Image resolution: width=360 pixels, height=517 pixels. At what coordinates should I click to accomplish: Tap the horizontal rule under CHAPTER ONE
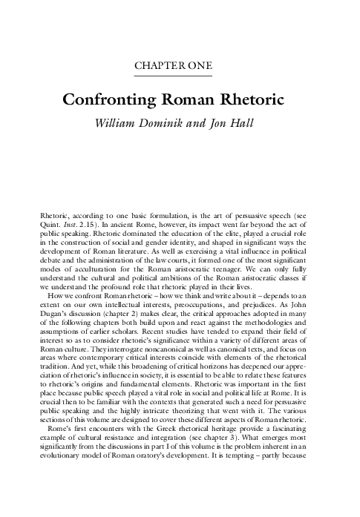tap(180, 76)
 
